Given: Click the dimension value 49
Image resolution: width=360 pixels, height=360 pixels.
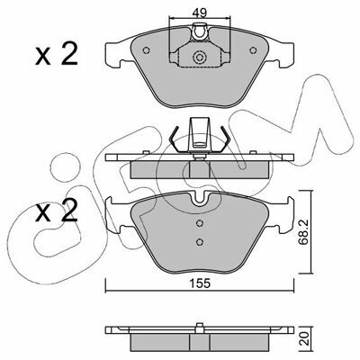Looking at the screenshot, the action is pyautogui.click(x=200, y=13).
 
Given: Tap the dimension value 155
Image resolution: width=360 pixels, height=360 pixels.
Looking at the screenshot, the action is pyautogui.click(x=200, y=283).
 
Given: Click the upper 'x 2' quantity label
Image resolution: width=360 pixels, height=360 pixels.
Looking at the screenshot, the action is pyautogui.click(x=57, y=54).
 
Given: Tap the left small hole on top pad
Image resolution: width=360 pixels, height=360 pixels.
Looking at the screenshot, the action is pyautogui.click(x=147, y=50).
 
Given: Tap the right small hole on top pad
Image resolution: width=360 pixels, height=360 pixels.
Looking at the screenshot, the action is pyautogui.click(x=253, y=50).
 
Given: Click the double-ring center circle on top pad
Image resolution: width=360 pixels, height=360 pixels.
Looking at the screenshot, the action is pyautogui.click(x=200, y=57).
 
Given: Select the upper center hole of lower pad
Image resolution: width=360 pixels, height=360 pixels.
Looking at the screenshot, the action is pyautogui.click(x=200, y=223).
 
